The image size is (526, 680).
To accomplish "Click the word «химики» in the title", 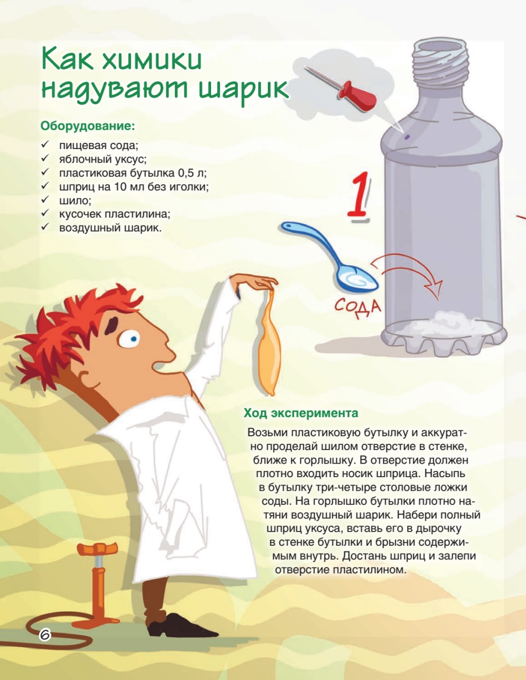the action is click(x=152, y=60).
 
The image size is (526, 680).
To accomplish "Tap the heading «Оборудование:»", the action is click(x=88, y=126).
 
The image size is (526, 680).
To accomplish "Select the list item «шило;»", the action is click(x=75, y=200).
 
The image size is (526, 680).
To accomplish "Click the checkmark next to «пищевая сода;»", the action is click(x=45, y=144).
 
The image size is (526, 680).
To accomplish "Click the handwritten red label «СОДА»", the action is click(x=357, y=307).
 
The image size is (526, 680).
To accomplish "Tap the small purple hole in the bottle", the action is click(x=407, y=137).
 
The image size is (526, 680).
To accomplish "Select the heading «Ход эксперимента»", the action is click(x=301, y=413).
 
